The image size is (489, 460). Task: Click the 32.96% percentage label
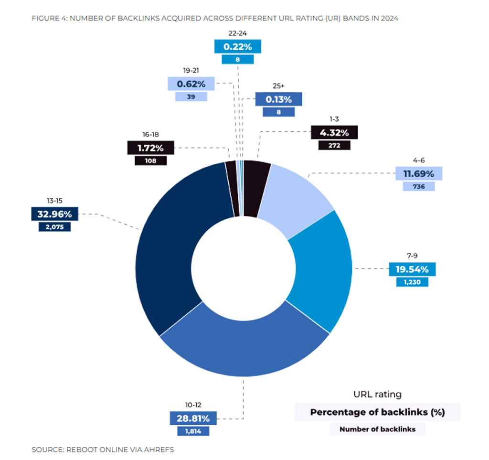54,214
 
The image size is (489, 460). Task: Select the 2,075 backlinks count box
54,227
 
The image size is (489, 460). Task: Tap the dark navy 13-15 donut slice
172,239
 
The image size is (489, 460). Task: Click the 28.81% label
193,418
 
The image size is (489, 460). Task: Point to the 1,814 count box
193,431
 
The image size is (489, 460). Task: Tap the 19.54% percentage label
412,269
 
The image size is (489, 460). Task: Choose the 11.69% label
418,173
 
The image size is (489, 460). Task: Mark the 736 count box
418,187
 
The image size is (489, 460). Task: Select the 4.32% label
334,132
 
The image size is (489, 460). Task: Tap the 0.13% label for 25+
278,99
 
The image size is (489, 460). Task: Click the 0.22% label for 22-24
237,47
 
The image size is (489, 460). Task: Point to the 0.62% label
191,84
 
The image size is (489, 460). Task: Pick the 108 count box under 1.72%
150,161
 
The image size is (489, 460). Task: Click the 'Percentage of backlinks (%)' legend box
377,412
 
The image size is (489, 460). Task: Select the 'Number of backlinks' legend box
377,429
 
